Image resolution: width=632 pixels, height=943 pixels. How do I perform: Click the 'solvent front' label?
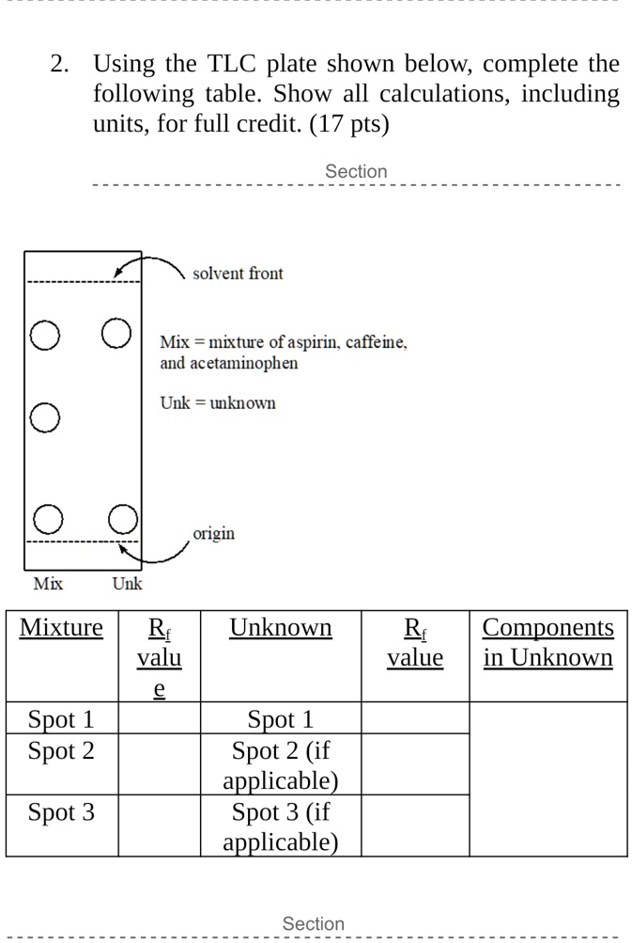click(x=238, y=274)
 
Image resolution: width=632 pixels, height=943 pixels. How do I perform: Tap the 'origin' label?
click(x=213, y=534)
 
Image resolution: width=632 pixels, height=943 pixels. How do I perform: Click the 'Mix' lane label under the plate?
click(x=48, y=584)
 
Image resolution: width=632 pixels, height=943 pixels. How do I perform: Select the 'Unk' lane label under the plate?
click(x=128, y=584)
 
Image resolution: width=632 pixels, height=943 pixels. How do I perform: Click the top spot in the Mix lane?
click(x=43, y=336)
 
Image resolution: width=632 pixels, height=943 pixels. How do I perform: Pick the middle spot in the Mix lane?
click(x=44, y=417)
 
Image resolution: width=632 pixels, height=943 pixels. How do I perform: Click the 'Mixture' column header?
click(x=61, y=628)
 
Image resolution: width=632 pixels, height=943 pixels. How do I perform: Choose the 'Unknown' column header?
click(x=281, y=628)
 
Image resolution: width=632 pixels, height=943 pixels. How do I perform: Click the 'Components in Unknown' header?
click(x=547, y=642)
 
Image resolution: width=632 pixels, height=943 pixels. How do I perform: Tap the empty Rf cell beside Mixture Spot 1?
click(x=159, y=719)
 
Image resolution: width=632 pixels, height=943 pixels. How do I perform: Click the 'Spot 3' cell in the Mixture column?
click(x=61, y=811)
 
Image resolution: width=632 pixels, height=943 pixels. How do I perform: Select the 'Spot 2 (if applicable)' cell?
click(x=281, y=765)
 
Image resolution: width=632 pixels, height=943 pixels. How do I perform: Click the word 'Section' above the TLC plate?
click(x=356, y=171)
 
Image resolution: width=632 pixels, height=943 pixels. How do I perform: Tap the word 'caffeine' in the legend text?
click(x=376, y=342)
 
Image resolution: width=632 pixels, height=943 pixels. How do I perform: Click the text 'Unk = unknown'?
click(x=218, y=403)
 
